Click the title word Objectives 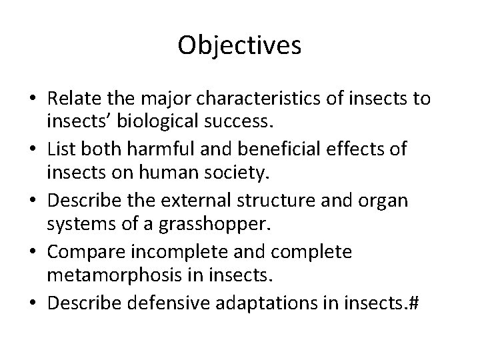(240, 46)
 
